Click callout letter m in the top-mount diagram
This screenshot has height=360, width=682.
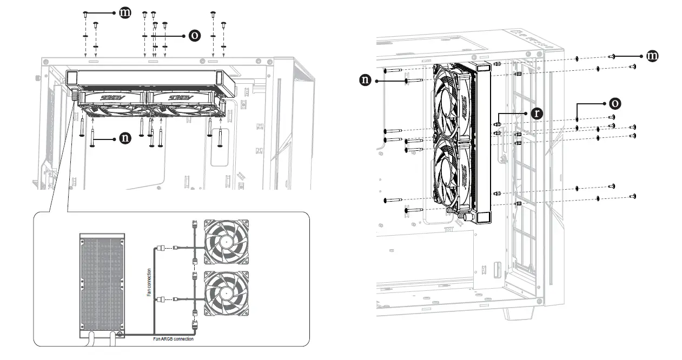(125, 12)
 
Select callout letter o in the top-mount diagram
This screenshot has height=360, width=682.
(194, 36)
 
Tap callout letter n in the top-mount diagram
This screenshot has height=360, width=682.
(125, 138)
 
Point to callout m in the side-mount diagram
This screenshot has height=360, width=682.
(653, 56)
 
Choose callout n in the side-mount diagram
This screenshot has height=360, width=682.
(366, 81)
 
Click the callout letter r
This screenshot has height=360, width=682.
(536, 114)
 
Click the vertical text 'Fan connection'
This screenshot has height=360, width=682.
(149, 282)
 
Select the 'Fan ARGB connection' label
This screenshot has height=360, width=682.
(169, 339)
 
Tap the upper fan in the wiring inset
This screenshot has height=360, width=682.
(227, 242)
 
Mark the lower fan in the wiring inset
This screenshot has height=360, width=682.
(227, 292)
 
